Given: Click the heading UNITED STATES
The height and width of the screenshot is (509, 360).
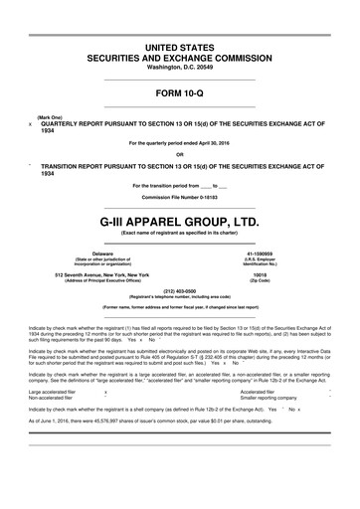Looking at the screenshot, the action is [179, 48].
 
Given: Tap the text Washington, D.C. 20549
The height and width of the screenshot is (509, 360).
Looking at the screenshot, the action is [179, 69].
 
